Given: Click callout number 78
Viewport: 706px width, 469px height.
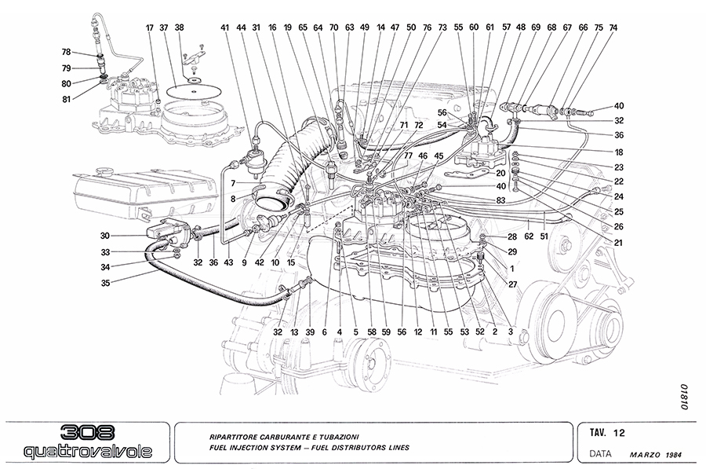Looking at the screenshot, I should click(67, 53).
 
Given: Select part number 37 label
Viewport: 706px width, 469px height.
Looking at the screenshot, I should click(163, 27).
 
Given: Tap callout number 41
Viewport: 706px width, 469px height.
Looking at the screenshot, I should click(225, 27).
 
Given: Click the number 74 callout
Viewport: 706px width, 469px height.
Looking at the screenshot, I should click(613, 27).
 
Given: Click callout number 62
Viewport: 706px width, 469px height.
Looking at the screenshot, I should click(529, 234).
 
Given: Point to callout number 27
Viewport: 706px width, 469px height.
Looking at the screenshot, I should click(512, 285).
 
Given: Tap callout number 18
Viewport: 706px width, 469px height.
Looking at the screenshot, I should click(619, 152).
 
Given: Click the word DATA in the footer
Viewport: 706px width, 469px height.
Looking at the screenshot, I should click(601, 454).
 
